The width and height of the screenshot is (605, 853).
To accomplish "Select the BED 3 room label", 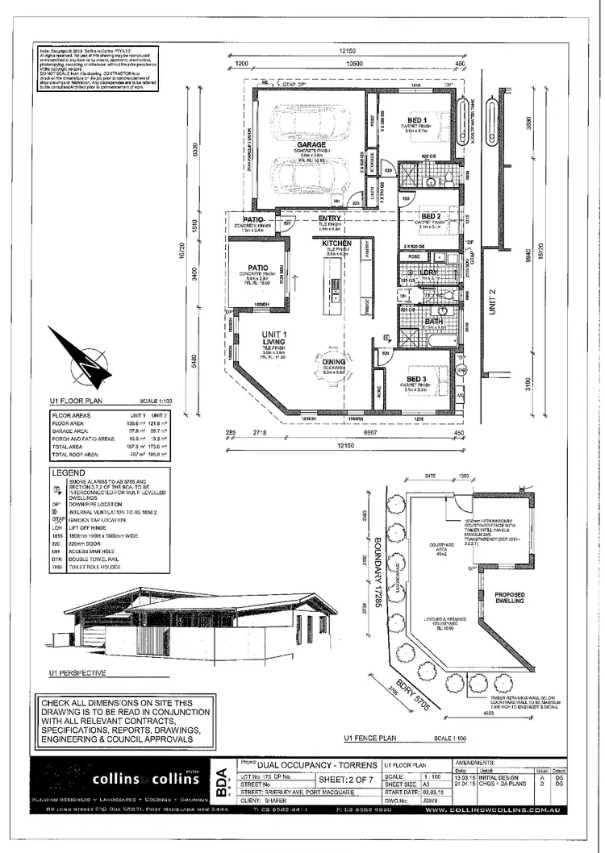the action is tap(416, 378).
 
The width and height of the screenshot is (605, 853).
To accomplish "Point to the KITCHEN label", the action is tap(336, 243).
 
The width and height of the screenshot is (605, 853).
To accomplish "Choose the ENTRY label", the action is tap(329, 218).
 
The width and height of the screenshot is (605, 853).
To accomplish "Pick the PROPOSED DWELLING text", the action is tap(509, 599).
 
